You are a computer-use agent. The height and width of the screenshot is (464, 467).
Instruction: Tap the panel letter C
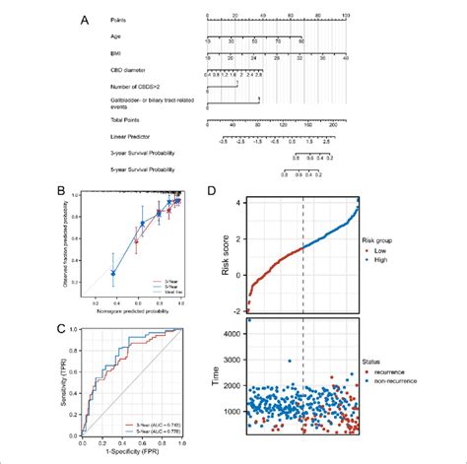point(91,316)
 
